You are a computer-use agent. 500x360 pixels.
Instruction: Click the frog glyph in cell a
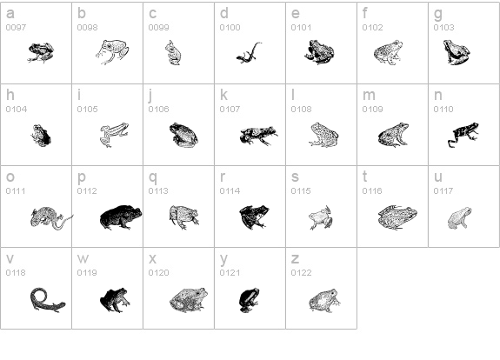(x=40, y=53)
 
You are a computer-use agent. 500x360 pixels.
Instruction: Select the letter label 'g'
(x=437, y=14)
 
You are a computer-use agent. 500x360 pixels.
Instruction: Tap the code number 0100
(x=230, y=28)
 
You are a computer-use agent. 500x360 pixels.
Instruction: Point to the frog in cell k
(x=257, y=135)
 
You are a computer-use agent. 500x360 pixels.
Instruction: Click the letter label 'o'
(x=10, y=177)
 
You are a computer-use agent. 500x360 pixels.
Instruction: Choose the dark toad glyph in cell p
(x=120, y=217)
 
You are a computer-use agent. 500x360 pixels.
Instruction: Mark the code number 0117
(x=443, y=190)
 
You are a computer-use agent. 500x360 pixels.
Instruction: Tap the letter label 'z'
(x=295, y=258)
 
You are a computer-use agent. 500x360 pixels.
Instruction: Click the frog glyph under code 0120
(x=188, y=298)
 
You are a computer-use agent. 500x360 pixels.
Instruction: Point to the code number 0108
(x=301, y=110)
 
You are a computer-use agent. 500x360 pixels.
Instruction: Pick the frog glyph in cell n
(x=463, y=133)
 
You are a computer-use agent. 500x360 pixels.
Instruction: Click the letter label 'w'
(x=83, y=258)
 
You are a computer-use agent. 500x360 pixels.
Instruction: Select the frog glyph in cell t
(x=397, y=217)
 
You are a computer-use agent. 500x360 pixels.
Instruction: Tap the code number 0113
(x=158, y=190)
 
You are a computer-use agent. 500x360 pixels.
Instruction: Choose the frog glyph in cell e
(x=319, y=53)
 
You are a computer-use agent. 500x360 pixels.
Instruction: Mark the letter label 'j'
(x=150, y=96)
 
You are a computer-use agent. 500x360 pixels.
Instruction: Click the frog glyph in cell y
(x=250, y=298)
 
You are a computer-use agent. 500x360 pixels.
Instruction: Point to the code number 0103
(x=443, y=28)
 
